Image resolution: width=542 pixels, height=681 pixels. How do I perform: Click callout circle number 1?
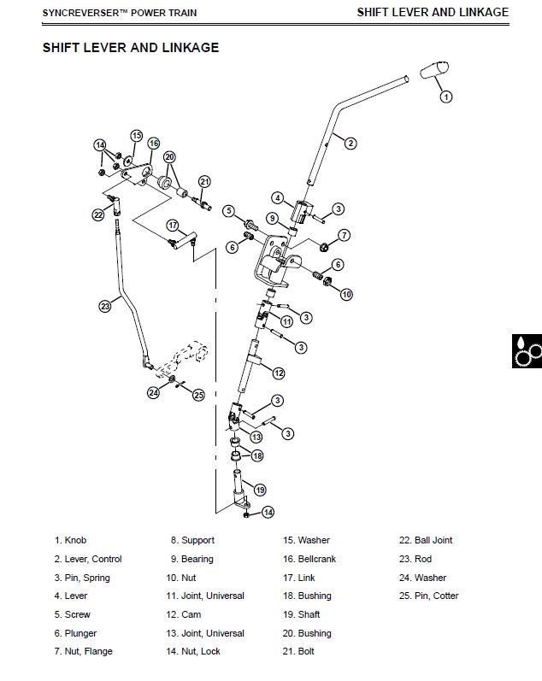click(x=445, y=97)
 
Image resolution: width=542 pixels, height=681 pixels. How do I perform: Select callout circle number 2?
click(x=351, y=143)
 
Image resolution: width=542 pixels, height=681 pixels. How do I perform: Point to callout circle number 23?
click(x=105, y=305)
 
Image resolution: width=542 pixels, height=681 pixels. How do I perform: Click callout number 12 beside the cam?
click(x=279, y=373)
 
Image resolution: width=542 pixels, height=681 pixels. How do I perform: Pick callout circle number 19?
click(x=260, y=490)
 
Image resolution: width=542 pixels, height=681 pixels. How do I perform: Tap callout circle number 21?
click(x=204, y=181)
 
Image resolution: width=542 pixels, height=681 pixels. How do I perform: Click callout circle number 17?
click(x=173, y=226)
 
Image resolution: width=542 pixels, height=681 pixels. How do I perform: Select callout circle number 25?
click(x=198, y=395)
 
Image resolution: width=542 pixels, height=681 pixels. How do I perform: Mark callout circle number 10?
click(x=346, y=294)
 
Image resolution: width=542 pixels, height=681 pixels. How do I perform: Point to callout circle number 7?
click(x=344, y=235)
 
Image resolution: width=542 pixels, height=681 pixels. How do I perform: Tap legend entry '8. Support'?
click(x=192, y=540)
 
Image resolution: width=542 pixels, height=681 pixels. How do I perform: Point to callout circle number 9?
click(x=273, y=219)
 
